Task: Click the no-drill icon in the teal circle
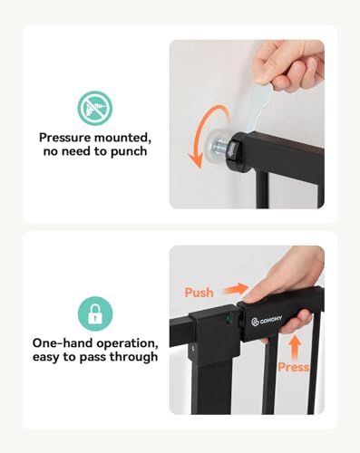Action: coord(94,107)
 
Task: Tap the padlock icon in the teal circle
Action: coord(94,313)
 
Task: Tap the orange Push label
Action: coord(200,292)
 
